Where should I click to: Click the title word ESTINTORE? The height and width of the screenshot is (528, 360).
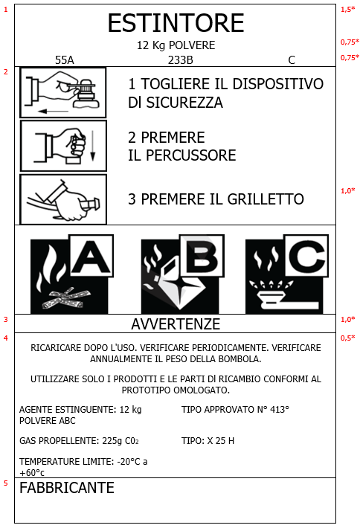176,24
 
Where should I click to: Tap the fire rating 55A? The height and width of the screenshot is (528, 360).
65,59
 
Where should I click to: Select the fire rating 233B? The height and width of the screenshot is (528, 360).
180,59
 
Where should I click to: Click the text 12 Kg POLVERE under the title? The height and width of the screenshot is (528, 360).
176,45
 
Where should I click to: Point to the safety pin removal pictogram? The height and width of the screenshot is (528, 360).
63,93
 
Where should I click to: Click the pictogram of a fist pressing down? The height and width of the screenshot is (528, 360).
63,145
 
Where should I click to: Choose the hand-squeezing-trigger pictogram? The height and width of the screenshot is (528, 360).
63,199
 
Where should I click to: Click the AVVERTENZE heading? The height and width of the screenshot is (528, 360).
176,324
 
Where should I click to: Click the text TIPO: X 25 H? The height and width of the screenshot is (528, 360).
208,441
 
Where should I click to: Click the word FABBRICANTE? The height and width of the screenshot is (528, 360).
67,489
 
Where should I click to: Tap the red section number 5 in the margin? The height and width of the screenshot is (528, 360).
6,483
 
